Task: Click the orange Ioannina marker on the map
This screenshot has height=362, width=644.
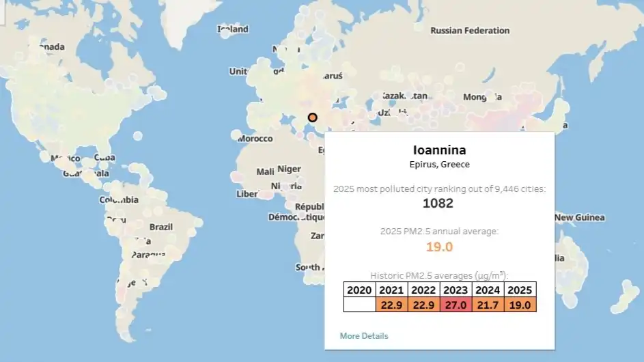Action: click(313, 117)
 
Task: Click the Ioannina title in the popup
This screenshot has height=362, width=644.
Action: click(439, 150)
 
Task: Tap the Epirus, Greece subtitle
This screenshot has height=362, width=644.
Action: click(439, 165)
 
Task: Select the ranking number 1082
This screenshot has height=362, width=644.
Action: click(438, 203)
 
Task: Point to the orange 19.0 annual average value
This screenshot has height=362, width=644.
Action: click(439, 247)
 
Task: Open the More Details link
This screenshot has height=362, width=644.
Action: click(364, 336)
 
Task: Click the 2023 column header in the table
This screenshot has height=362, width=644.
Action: click(456, 290)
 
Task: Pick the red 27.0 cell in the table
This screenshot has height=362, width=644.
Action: click(456, 305)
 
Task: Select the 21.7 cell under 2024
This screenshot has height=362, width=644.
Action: click(488, 305)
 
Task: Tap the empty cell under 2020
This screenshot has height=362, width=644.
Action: click(359, 305)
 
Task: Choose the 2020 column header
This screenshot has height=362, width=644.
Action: click(359, 290)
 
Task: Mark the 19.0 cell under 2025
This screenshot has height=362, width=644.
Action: click(520, 305)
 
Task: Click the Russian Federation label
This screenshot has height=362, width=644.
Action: click(470, 31)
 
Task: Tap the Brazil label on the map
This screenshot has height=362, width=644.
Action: click(161, 227)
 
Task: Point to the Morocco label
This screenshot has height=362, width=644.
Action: click(255, 139)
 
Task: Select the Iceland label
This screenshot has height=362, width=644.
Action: click(233, 29)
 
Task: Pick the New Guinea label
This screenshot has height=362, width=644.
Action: click(579, 218)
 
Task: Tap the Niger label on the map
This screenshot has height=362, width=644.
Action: click(289, 169)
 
